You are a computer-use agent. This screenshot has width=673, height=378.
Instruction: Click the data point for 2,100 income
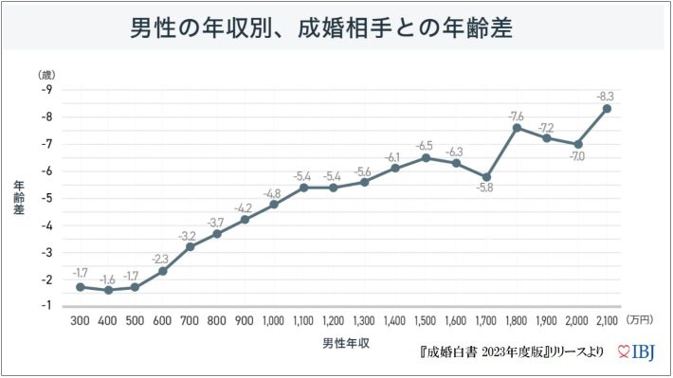[x=607, y=108]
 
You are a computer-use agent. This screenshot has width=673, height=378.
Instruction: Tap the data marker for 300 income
[x=81, y=286]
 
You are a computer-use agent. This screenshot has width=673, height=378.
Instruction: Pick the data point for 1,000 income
[x=274, y=204]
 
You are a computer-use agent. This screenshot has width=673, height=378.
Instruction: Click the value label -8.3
[x=606, y=96]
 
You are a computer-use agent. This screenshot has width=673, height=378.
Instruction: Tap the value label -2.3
[x=161, y=259]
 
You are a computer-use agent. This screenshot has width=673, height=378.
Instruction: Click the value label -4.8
[x=273, y=192]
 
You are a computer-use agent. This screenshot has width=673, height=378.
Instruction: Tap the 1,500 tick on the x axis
[x=425, y=322]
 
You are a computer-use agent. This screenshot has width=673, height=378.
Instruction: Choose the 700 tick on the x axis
[x=191, y=322]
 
